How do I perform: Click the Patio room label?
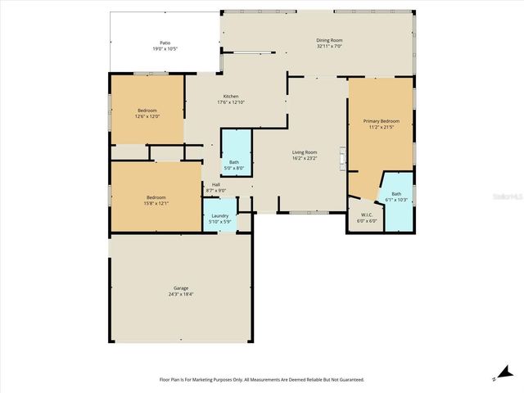165,43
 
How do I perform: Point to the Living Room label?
305,152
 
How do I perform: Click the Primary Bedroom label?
382,121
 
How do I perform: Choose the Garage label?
181,288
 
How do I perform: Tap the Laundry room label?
219,215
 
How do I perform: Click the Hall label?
216,184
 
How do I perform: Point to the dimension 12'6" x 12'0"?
147,115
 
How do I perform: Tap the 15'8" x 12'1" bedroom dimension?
157,202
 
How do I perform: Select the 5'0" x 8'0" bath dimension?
234,168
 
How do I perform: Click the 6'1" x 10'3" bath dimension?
396,200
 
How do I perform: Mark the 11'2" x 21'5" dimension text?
382,127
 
